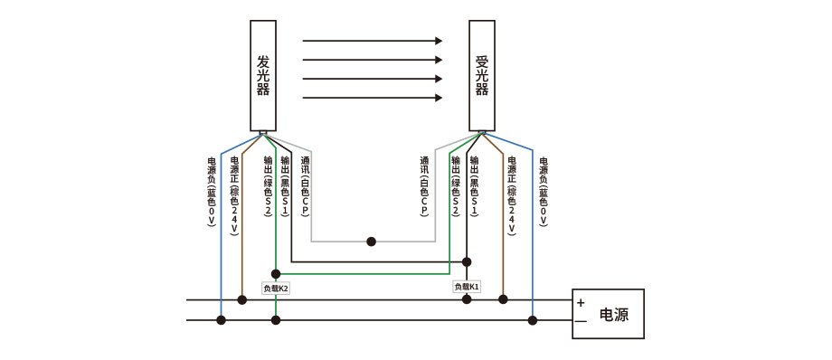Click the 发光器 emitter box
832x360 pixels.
pyautogui.click(x=263, y=76)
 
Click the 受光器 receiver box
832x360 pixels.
pyautogui.click(x=482, y=76)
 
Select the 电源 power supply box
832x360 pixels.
pyautogui.click(x=608, y=314)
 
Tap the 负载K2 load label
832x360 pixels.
pyautogui.click(x=276, y=288)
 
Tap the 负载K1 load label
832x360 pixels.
pyautogui.click(x=467, y=286)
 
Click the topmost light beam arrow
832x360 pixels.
pyautogui.click(x=372, y=41)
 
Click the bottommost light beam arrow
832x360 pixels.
pyautogui.click(x=372, y=98)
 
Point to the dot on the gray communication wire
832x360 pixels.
pyautogui.click(x=371, y=242)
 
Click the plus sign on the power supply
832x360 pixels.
pyautogui.click(x=581, y=303)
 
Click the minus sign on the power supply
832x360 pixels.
pyautogui.click(x=581, y=321)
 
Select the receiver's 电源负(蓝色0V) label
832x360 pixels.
pyautogui.click(x=544, y=191)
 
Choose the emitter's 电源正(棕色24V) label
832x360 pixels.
pyautogui.click(x=234, y=194)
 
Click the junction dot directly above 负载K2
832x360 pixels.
pyautogui.click(x=276, y=273)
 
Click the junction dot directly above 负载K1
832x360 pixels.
pyautogui.click(x=467, y=261)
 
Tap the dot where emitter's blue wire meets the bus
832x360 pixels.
pyautogui.click(x=221, y=319)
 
